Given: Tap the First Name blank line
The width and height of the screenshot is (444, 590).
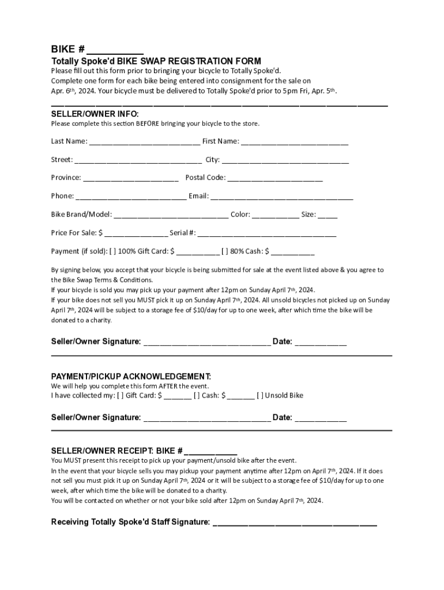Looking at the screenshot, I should (295, 142).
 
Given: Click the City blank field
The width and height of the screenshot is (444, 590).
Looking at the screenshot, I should (285, 160).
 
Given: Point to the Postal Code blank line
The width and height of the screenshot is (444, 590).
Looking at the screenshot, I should (275, 179).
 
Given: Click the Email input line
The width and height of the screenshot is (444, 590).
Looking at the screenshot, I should (281, 197).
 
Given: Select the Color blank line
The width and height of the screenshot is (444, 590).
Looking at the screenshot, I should (276, 215).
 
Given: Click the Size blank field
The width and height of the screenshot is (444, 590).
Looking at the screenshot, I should (328, 215).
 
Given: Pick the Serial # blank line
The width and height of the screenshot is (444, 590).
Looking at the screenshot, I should (267, 234).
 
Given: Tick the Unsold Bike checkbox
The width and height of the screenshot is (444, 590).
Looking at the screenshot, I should (260, 395).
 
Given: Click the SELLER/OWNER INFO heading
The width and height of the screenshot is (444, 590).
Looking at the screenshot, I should (95, 114).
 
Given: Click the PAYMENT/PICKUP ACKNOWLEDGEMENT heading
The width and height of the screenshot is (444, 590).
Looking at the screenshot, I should (131, 376).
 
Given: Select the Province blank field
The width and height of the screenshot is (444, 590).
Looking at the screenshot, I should (131, 179).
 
